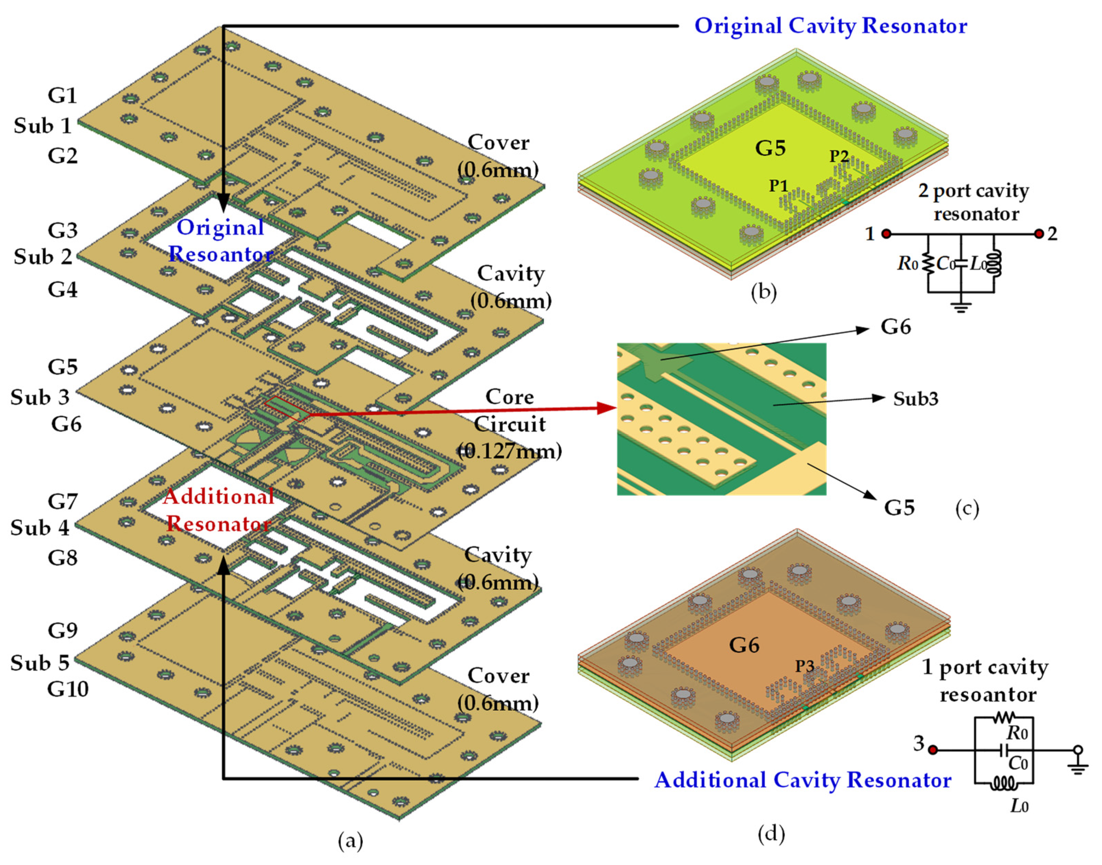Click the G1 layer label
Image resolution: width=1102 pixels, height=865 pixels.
(x=62, y=95)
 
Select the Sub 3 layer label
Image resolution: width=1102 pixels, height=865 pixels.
(x=40, y=397)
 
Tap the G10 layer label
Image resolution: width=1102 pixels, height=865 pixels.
(x=68, y=689)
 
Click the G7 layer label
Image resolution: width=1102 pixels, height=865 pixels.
(x=62, y=502)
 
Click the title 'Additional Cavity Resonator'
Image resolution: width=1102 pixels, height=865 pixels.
(x=803, y=780)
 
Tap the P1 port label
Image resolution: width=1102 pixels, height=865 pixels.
(x=779, y=186)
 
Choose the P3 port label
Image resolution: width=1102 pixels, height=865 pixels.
(x=804, y=666)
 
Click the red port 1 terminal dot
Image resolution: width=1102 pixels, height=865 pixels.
(x=886, y=234)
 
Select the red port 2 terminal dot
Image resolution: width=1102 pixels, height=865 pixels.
(x=1039, y=234)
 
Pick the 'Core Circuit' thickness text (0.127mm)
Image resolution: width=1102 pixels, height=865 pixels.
(x=509, y=451)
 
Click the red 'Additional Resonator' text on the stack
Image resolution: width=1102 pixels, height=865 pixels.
(x=219, y=510)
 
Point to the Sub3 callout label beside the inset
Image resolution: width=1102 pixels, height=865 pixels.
(x=916, y=399)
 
